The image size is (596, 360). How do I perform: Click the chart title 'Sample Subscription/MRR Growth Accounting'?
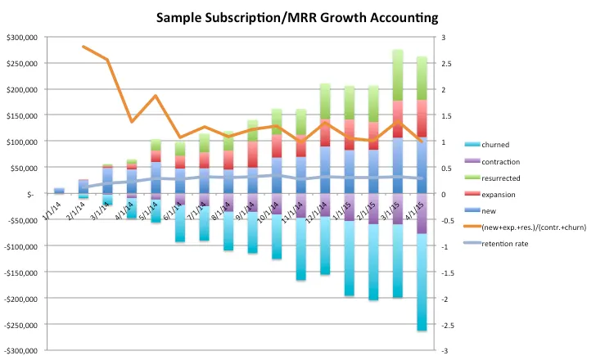(298, 16)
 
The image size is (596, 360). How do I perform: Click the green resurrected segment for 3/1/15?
(399, 74)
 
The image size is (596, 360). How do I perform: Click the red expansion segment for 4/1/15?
(422, 118)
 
